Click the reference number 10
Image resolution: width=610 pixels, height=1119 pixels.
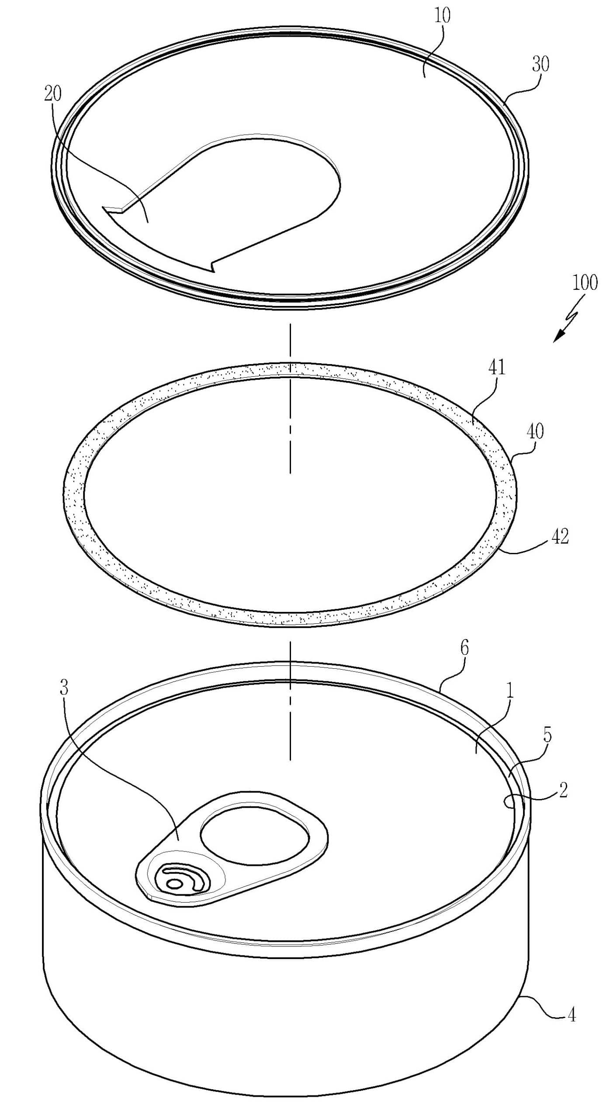click(442, 16)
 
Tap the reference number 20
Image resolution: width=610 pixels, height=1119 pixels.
click(53, 94)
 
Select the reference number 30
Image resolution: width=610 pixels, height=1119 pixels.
click(541, 64)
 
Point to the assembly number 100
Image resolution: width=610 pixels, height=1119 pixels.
click(585, 283)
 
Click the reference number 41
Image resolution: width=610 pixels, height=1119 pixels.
click(497, 368)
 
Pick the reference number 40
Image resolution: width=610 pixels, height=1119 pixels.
click(535, 431)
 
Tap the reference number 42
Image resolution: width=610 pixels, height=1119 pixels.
click(560, 536)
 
